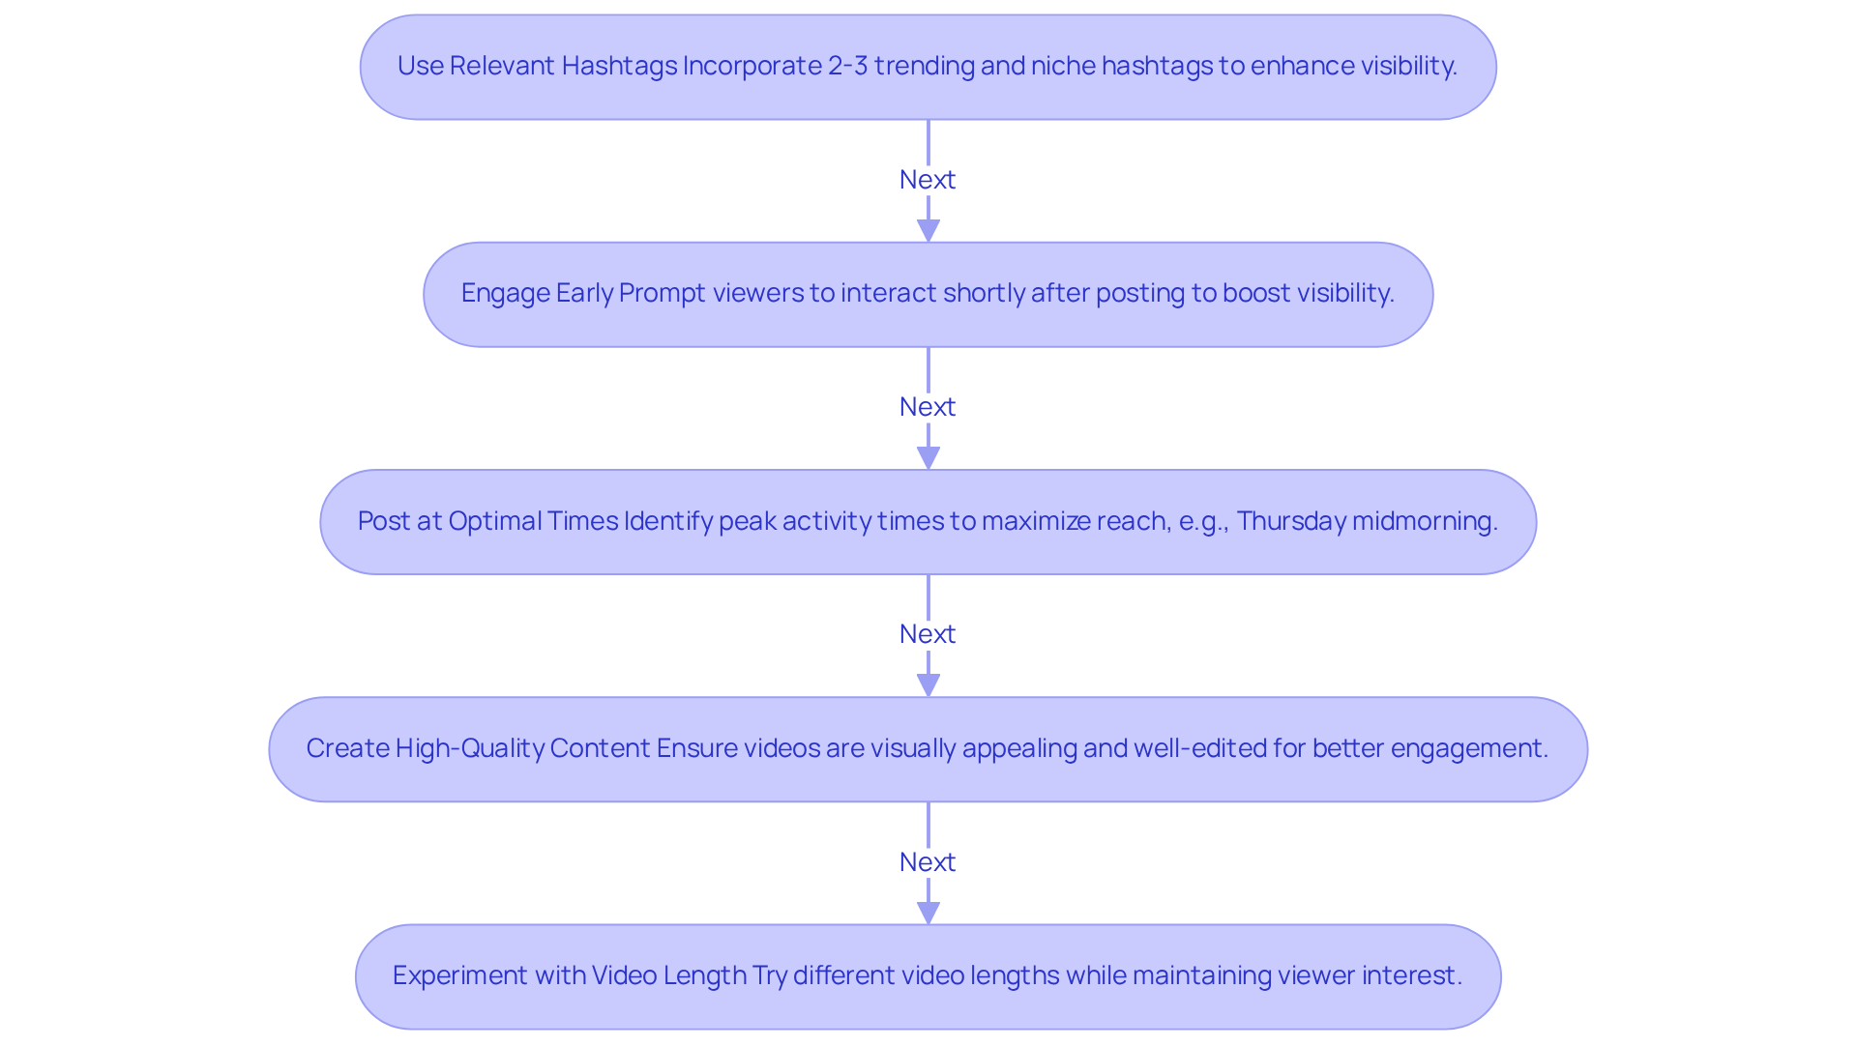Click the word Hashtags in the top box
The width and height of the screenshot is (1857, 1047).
619,66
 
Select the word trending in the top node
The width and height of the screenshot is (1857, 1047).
926,66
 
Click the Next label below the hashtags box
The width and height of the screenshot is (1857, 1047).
927,180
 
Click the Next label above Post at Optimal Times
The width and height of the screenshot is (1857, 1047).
927,407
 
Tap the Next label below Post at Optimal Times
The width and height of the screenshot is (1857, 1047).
927,634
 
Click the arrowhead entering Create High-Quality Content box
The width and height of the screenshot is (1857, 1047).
928,685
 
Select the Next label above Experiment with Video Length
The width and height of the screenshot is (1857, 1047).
927,862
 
